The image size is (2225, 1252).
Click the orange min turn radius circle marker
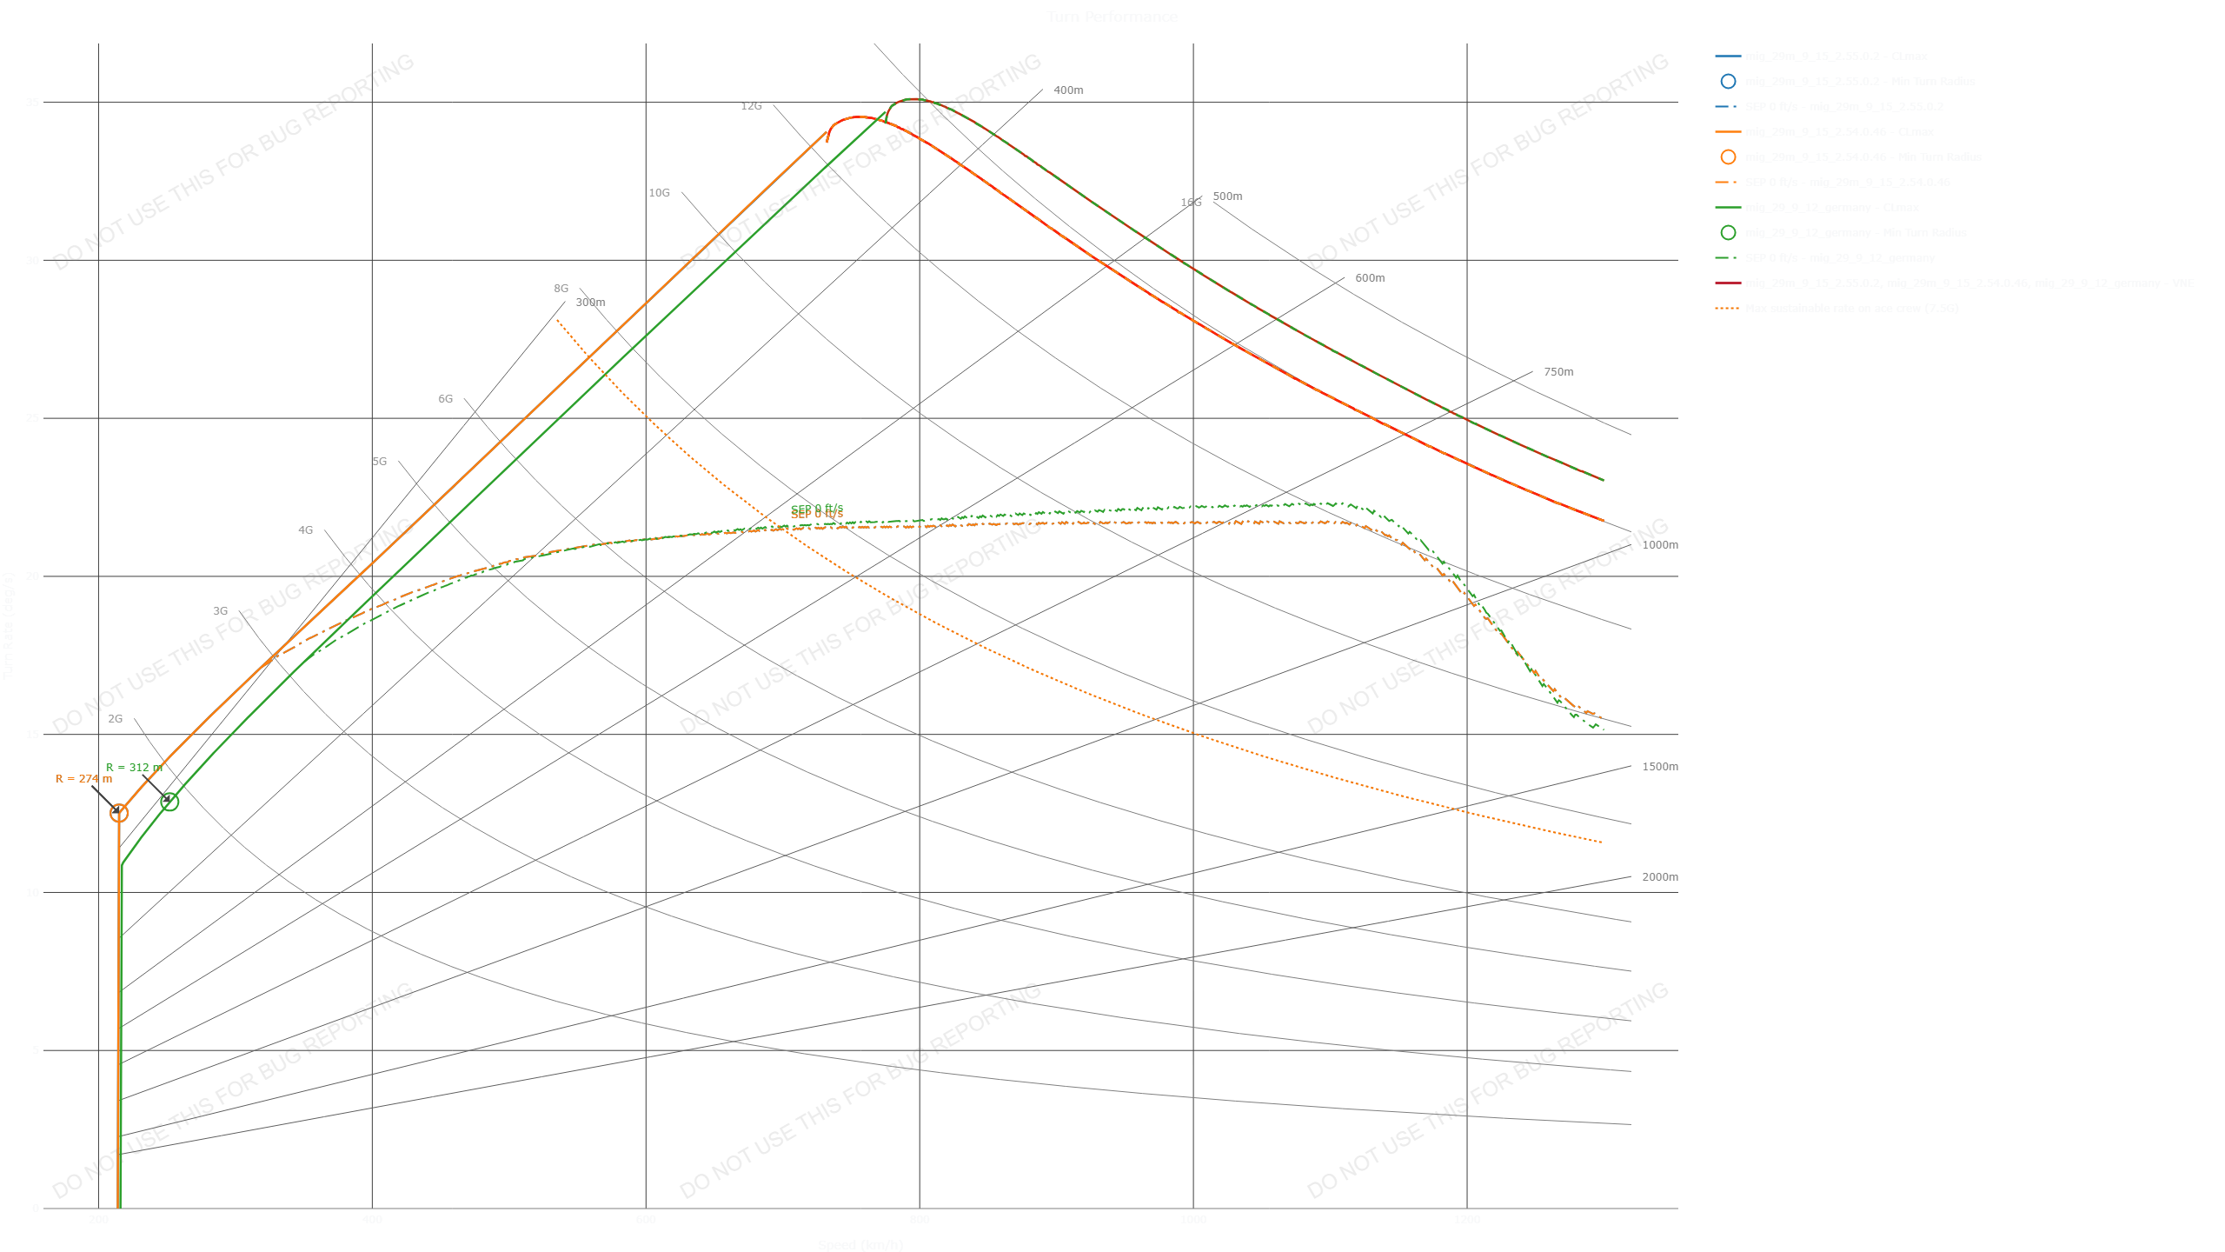click(119, 813)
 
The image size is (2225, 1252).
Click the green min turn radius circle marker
click(169, 802)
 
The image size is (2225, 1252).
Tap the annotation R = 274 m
click(83, 779)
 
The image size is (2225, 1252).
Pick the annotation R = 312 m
click(133, 768)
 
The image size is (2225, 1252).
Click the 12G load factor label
click(751, 106)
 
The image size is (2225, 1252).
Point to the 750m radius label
click(1558, 372)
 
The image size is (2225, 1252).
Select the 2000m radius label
click(1659, 877)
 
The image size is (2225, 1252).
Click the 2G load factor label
click(115, 719)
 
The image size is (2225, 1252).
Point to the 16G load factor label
click(1191, 203)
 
